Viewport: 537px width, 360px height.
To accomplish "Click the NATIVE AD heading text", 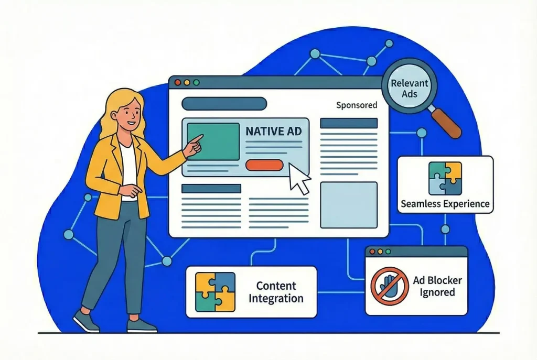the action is coord(274,131).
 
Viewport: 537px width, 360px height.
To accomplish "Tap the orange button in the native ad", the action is coord(264,165).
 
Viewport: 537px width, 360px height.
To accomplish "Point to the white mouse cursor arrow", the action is coord(298,178).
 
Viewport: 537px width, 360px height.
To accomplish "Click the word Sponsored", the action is coord(357,105).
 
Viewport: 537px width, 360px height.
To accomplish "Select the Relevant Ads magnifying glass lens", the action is coord(409,88).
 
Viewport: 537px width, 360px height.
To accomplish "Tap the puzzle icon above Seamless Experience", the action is coord(445,178).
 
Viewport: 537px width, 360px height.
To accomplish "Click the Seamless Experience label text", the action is coord(445,204).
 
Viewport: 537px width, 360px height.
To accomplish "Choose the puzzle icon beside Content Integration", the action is coord(215,292).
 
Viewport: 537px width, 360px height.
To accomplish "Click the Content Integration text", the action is coord(276,292).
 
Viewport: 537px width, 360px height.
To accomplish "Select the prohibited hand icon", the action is coord(390,286).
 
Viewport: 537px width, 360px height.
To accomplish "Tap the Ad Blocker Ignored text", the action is coord(437,286).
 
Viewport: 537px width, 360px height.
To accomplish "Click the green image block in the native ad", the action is coord(213,141).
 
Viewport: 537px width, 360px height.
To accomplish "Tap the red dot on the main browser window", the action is coord(177,82).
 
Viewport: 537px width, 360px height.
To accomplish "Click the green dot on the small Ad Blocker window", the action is coord(388,252).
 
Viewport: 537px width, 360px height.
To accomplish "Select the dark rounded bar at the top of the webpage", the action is coord(224,104).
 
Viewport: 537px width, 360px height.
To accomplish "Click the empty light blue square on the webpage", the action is coord(349,205).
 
